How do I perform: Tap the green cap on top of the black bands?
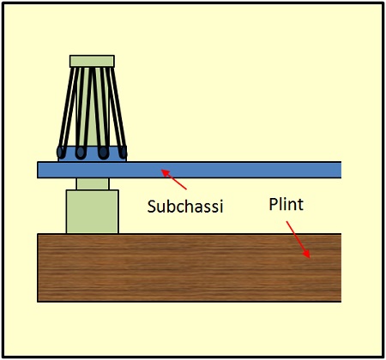[92, 61]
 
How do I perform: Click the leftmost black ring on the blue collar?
[61, 153]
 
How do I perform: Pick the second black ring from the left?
[81, 153]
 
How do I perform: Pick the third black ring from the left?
[104, 153]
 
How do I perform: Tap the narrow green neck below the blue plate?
[92, 183]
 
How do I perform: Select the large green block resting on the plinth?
[92, 211]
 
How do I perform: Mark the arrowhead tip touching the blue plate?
[163, 171]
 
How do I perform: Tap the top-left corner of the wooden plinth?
[39, 234]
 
